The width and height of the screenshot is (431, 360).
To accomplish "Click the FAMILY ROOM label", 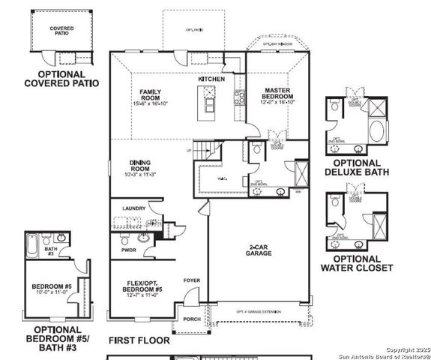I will pos(151,95).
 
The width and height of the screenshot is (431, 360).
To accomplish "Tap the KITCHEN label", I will pos(211,79).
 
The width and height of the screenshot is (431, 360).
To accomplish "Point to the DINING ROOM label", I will pos(140,165).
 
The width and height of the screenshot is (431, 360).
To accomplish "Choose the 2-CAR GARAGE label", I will pos(259,250).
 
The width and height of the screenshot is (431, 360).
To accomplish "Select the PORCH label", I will pos(191,319).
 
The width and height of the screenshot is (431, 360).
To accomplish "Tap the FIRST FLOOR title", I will pos(139,340).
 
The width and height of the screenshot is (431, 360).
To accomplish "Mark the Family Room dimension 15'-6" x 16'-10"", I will pos(151,104).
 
